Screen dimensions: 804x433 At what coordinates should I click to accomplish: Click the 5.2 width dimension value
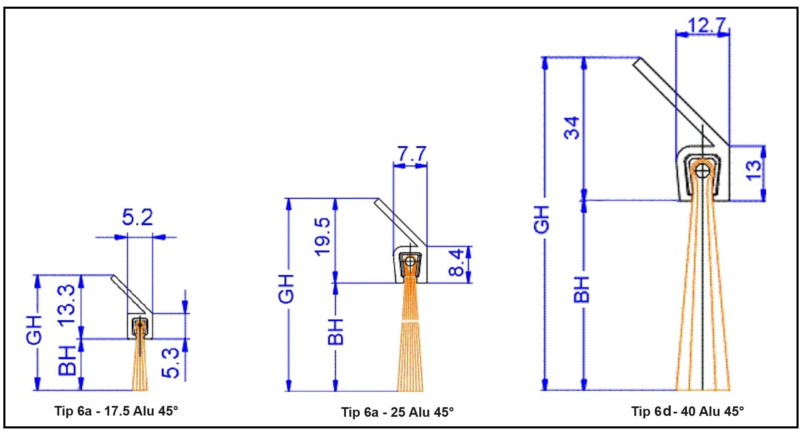point(138,217)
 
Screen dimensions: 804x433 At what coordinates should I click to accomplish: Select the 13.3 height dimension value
point(67,305)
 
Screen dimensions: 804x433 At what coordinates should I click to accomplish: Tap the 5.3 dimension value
point(170,363)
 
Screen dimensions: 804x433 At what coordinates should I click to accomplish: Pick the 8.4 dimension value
point(456,262)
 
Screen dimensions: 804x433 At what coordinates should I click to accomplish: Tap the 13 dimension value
point(754,170)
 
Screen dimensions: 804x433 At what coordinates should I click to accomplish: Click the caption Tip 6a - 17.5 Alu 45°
point(116,411)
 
